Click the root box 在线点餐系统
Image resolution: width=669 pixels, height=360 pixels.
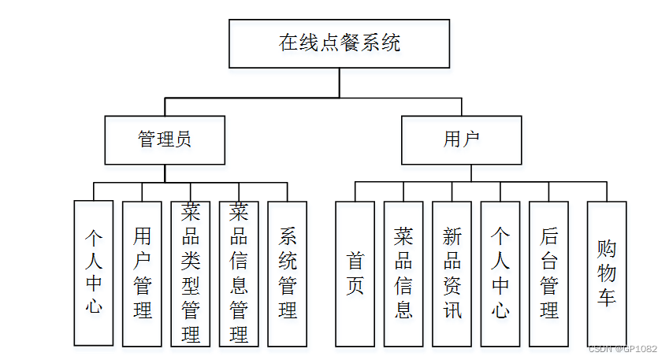[x=340, y=43]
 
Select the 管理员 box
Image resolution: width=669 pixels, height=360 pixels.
[x=165, y=140]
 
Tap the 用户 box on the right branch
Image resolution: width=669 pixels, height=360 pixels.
[x=461, y=140]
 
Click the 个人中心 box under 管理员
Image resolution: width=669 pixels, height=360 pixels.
[x=93, y=273]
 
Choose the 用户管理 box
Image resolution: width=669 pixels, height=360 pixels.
[x=142, y=273]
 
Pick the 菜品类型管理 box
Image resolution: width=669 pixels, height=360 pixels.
[x=190, y=273]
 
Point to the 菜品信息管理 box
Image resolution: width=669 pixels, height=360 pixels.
[x=239, y=273]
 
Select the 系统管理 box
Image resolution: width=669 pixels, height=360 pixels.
[x=287, y=273]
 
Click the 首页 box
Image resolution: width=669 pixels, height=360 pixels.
[x=355, y=273]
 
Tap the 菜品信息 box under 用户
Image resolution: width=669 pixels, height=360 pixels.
[x=403, y=273]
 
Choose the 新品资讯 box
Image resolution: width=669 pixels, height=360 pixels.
[x=452, y=273]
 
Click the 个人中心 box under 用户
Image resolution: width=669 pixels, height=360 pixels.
[x=500, y=273]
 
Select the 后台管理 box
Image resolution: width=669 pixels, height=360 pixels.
[x=548, y=273]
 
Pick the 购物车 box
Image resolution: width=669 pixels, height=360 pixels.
[x=607, y=273]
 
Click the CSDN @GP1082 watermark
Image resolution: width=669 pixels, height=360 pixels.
[x=623, y=349]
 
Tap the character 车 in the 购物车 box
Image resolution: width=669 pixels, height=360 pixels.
[x=607, y=297]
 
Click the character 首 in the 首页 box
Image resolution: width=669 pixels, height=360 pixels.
[x=355, y=261]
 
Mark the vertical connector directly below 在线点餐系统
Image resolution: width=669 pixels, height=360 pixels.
[x=340, y=83]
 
